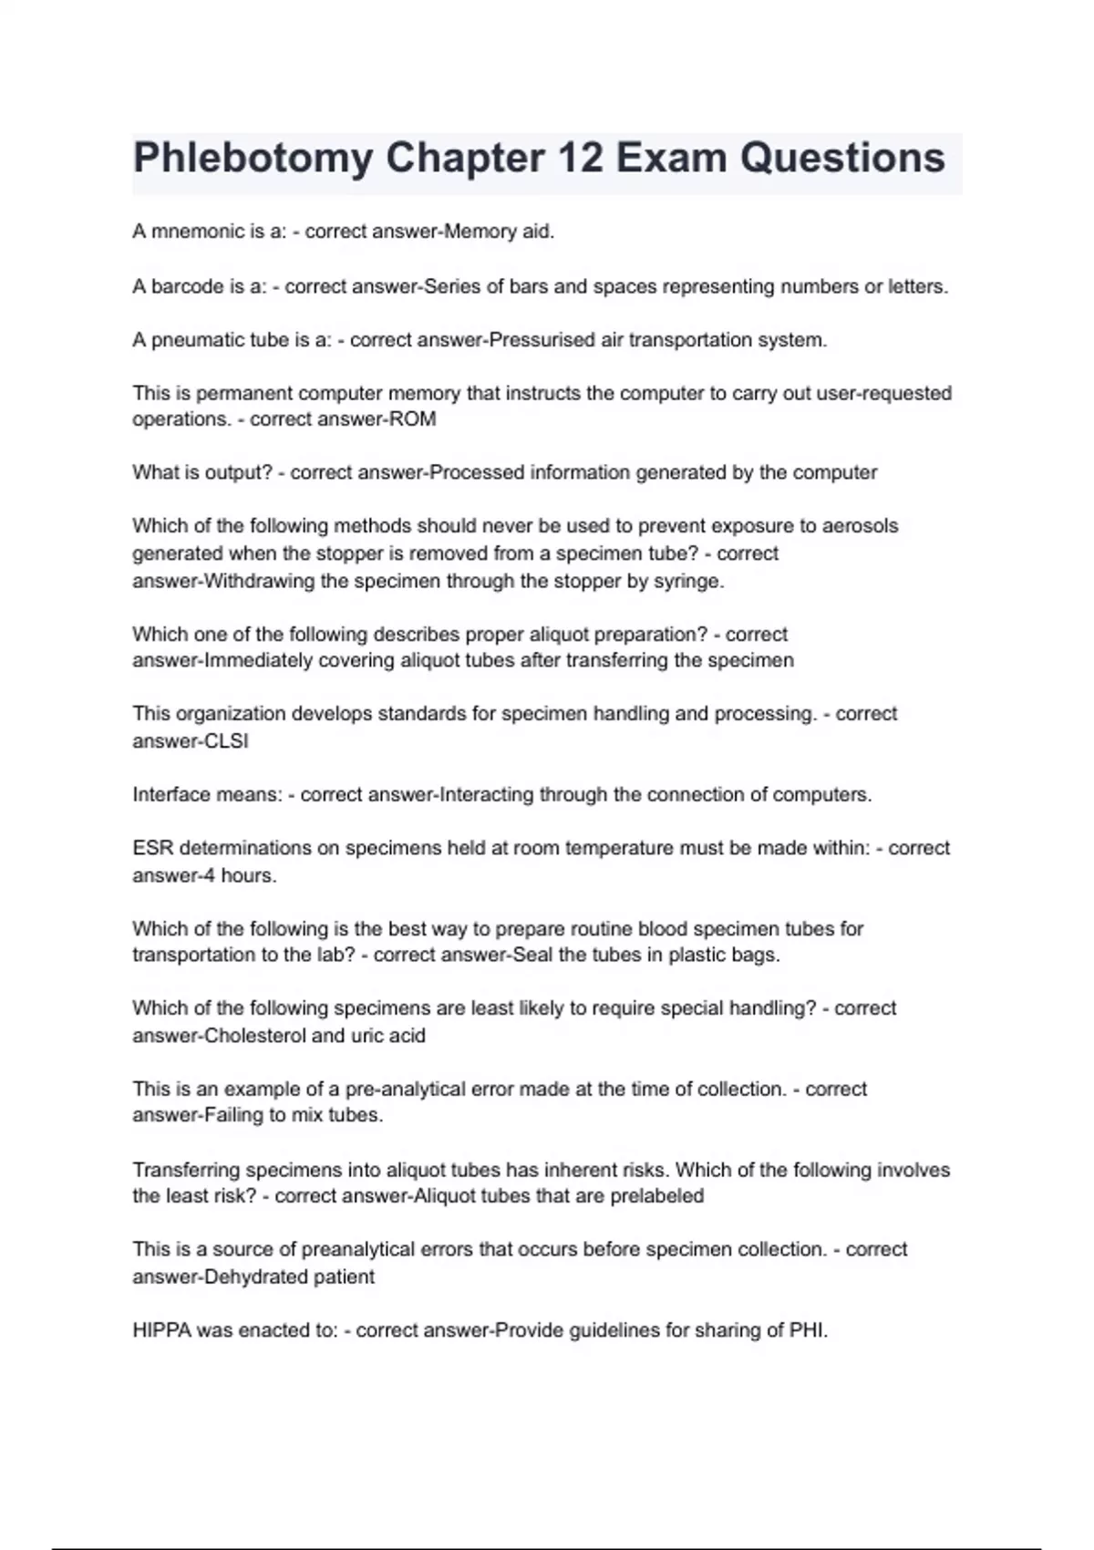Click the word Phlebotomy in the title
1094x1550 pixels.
tap(253, 158)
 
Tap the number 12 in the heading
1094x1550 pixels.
tap(579, 158)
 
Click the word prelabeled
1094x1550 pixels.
tap(656, 1195)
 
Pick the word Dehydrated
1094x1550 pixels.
tap(256, 1276)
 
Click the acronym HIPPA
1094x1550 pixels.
tap(161, 1330)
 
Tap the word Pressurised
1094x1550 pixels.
tap(542, 340)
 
